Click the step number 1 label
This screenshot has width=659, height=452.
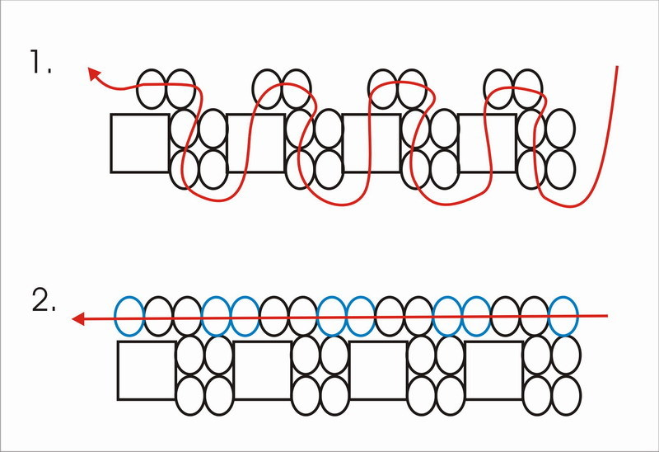point(40,61)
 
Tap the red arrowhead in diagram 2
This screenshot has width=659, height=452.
point(79,318)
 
